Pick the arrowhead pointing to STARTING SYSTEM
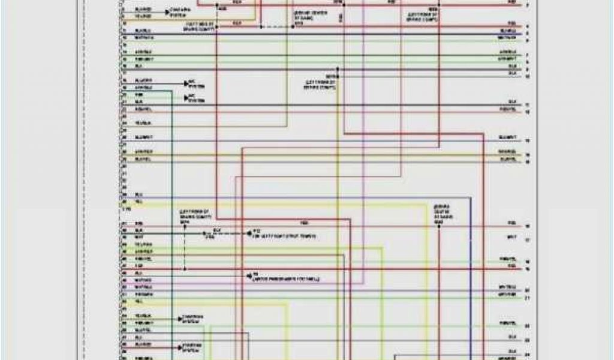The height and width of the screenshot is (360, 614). [x=180, y=347]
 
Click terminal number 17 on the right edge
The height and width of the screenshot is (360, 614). [x=527, y=240]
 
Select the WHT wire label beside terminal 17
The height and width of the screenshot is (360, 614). [x=511, y=238]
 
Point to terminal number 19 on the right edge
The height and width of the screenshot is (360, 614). [x=527, y=269]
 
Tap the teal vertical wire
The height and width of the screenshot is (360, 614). [x=172, y=210]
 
